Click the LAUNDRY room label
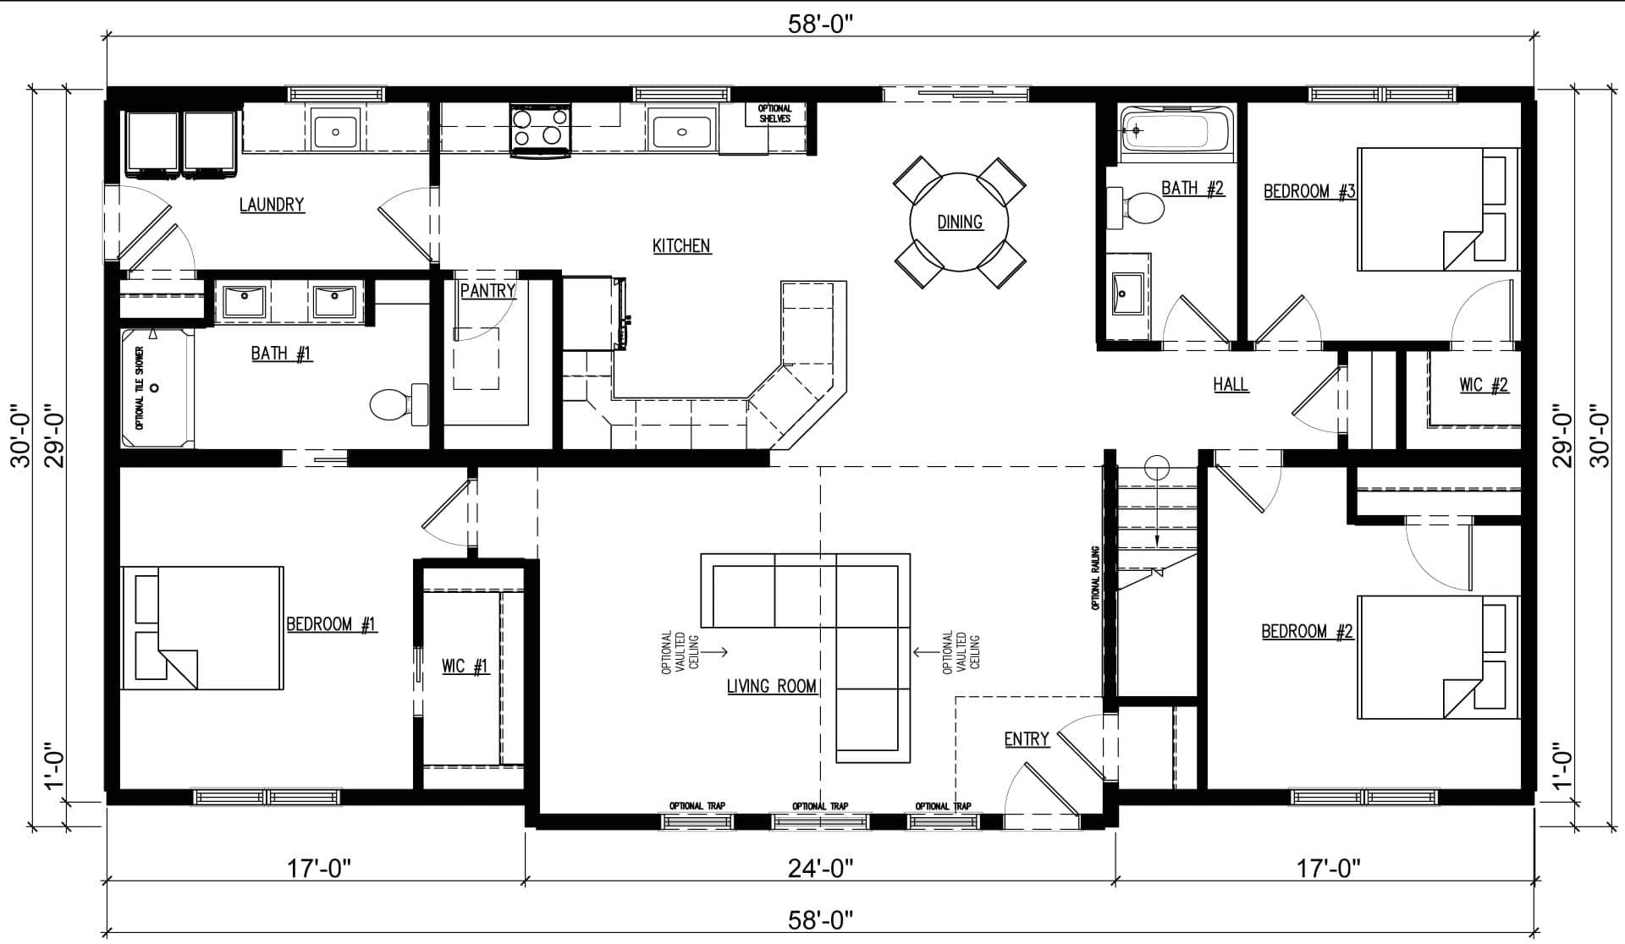tap(272, 205)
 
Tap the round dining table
tap(959, 222)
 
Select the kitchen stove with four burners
tap(540, 131)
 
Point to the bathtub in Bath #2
tap(1177, 133)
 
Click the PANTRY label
tap(488, 291)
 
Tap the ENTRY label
tap(1027, 739)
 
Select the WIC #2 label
tap(1484, 385)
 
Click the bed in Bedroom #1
tap(202, 628)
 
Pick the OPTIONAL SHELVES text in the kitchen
tap(774, 113)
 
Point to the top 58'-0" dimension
tap(819, 24)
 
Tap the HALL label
tap(1231, 384)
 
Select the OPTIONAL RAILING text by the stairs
tap(1095, 578)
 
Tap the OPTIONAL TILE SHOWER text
tap(140, 387)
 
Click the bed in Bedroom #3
tap(1439, 209)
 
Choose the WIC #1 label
tap(465, 667)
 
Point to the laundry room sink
tap(336, 132)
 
